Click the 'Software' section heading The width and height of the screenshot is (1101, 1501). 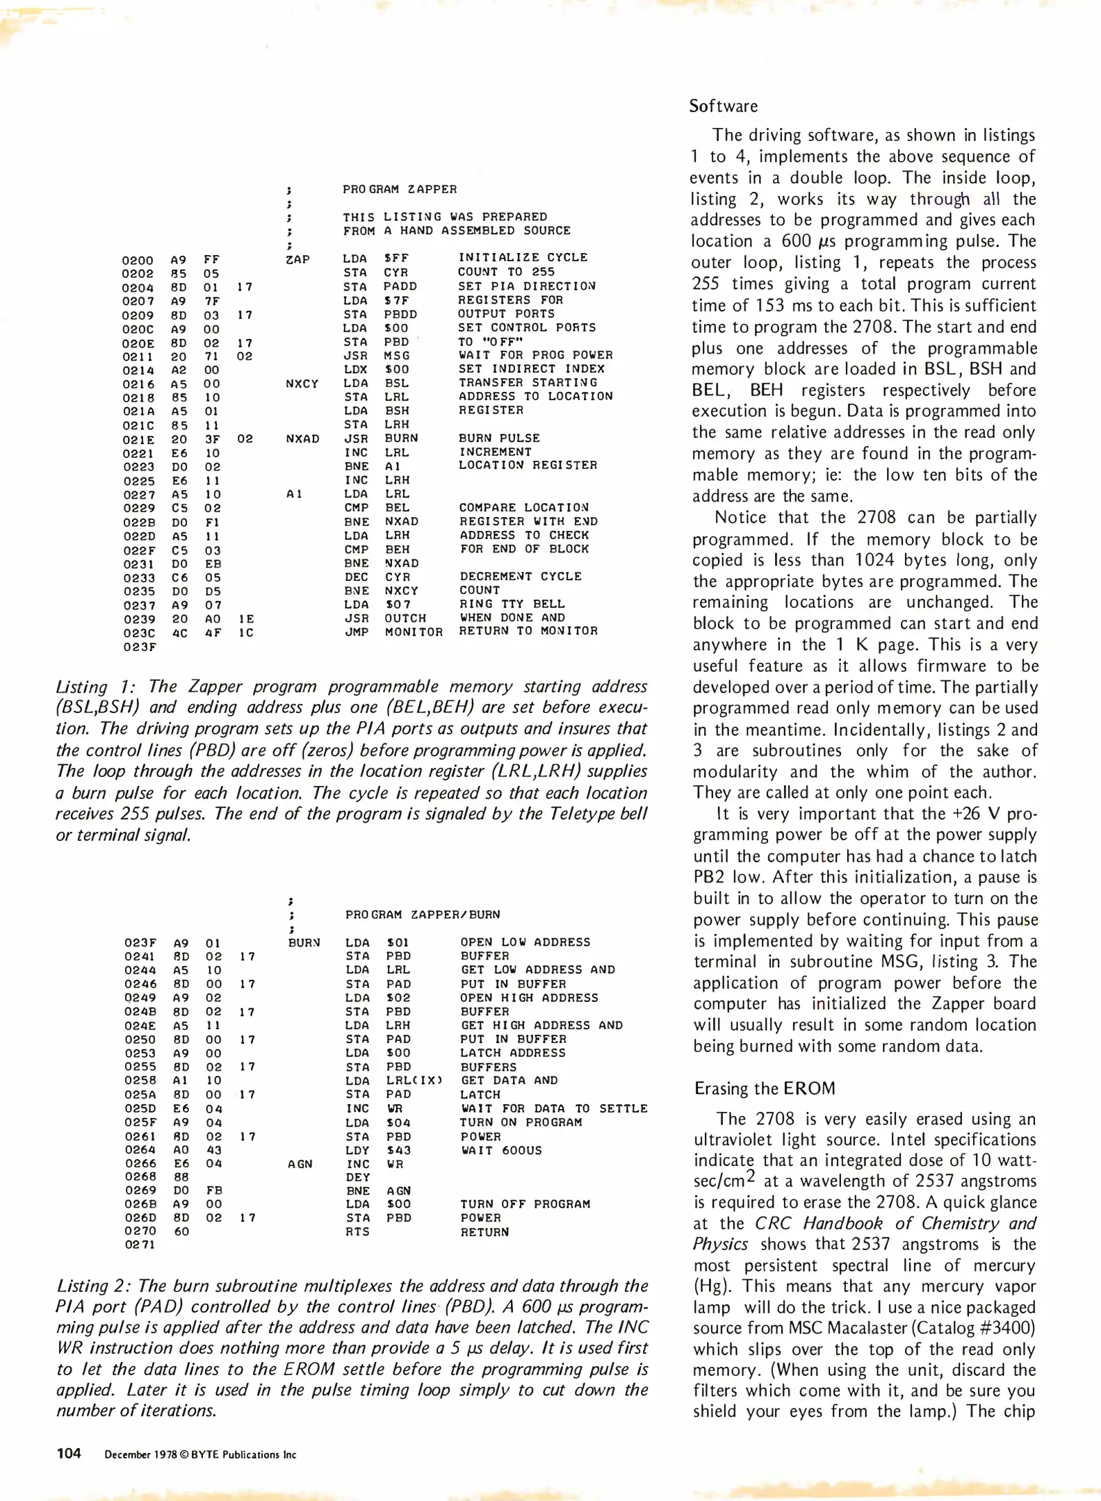pos(723,106)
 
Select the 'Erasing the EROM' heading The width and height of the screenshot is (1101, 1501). pos(765,1088)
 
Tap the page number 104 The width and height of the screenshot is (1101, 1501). pos(69,1453)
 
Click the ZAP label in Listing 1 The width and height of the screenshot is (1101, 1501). pos(297,259)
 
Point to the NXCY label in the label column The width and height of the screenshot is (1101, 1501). pos(301,384)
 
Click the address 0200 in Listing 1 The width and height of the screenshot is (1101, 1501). pos(138,261)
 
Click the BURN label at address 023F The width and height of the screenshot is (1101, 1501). pos(304,943)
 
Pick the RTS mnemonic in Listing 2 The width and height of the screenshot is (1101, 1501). pos(357,1231)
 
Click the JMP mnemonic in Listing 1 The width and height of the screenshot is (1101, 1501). pos(357,632)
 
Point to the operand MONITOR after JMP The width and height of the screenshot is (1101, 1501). pos(414,632)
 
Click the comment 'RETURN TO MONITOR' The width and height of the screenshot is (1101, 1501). pos(528,631)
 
